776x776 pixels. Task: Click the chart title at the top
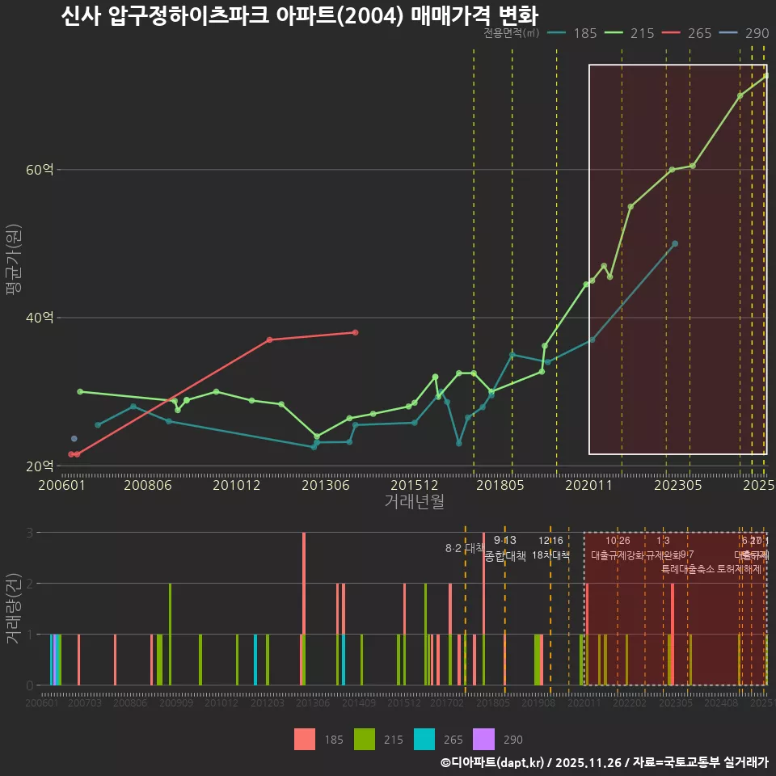click(x=299, y=15)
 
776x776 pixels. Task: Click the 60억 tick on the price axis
click(x=40, y=170)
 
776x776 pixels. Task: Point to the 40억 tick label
click(x=40, y=318)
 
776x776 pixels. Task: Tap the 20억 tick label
click(x=40, y=466)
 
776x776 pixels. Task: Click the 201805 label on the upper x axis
click(x=500, y=485)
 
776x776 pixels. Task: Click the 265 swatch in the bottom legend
click(x=424, y=739)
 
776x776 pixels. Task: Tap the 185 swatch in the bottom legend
click(x=305, y=739)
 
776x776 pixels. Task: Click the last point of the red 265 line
click(x=355, y=332)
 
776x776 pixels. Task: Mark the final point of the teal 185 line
click(x=675, y=243)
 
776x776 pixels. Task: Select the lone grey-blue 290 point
click(x=74, y=438)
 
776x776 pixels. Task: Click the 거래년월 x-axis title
click(x=414, y=502)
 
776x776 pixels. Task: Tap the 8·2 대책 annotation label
click(x=464, y=548)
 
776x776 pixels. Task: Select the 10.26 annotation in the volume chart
click(x=618, y=541)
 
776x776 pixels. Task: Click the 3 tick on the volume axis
click(x=29, y=533)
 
